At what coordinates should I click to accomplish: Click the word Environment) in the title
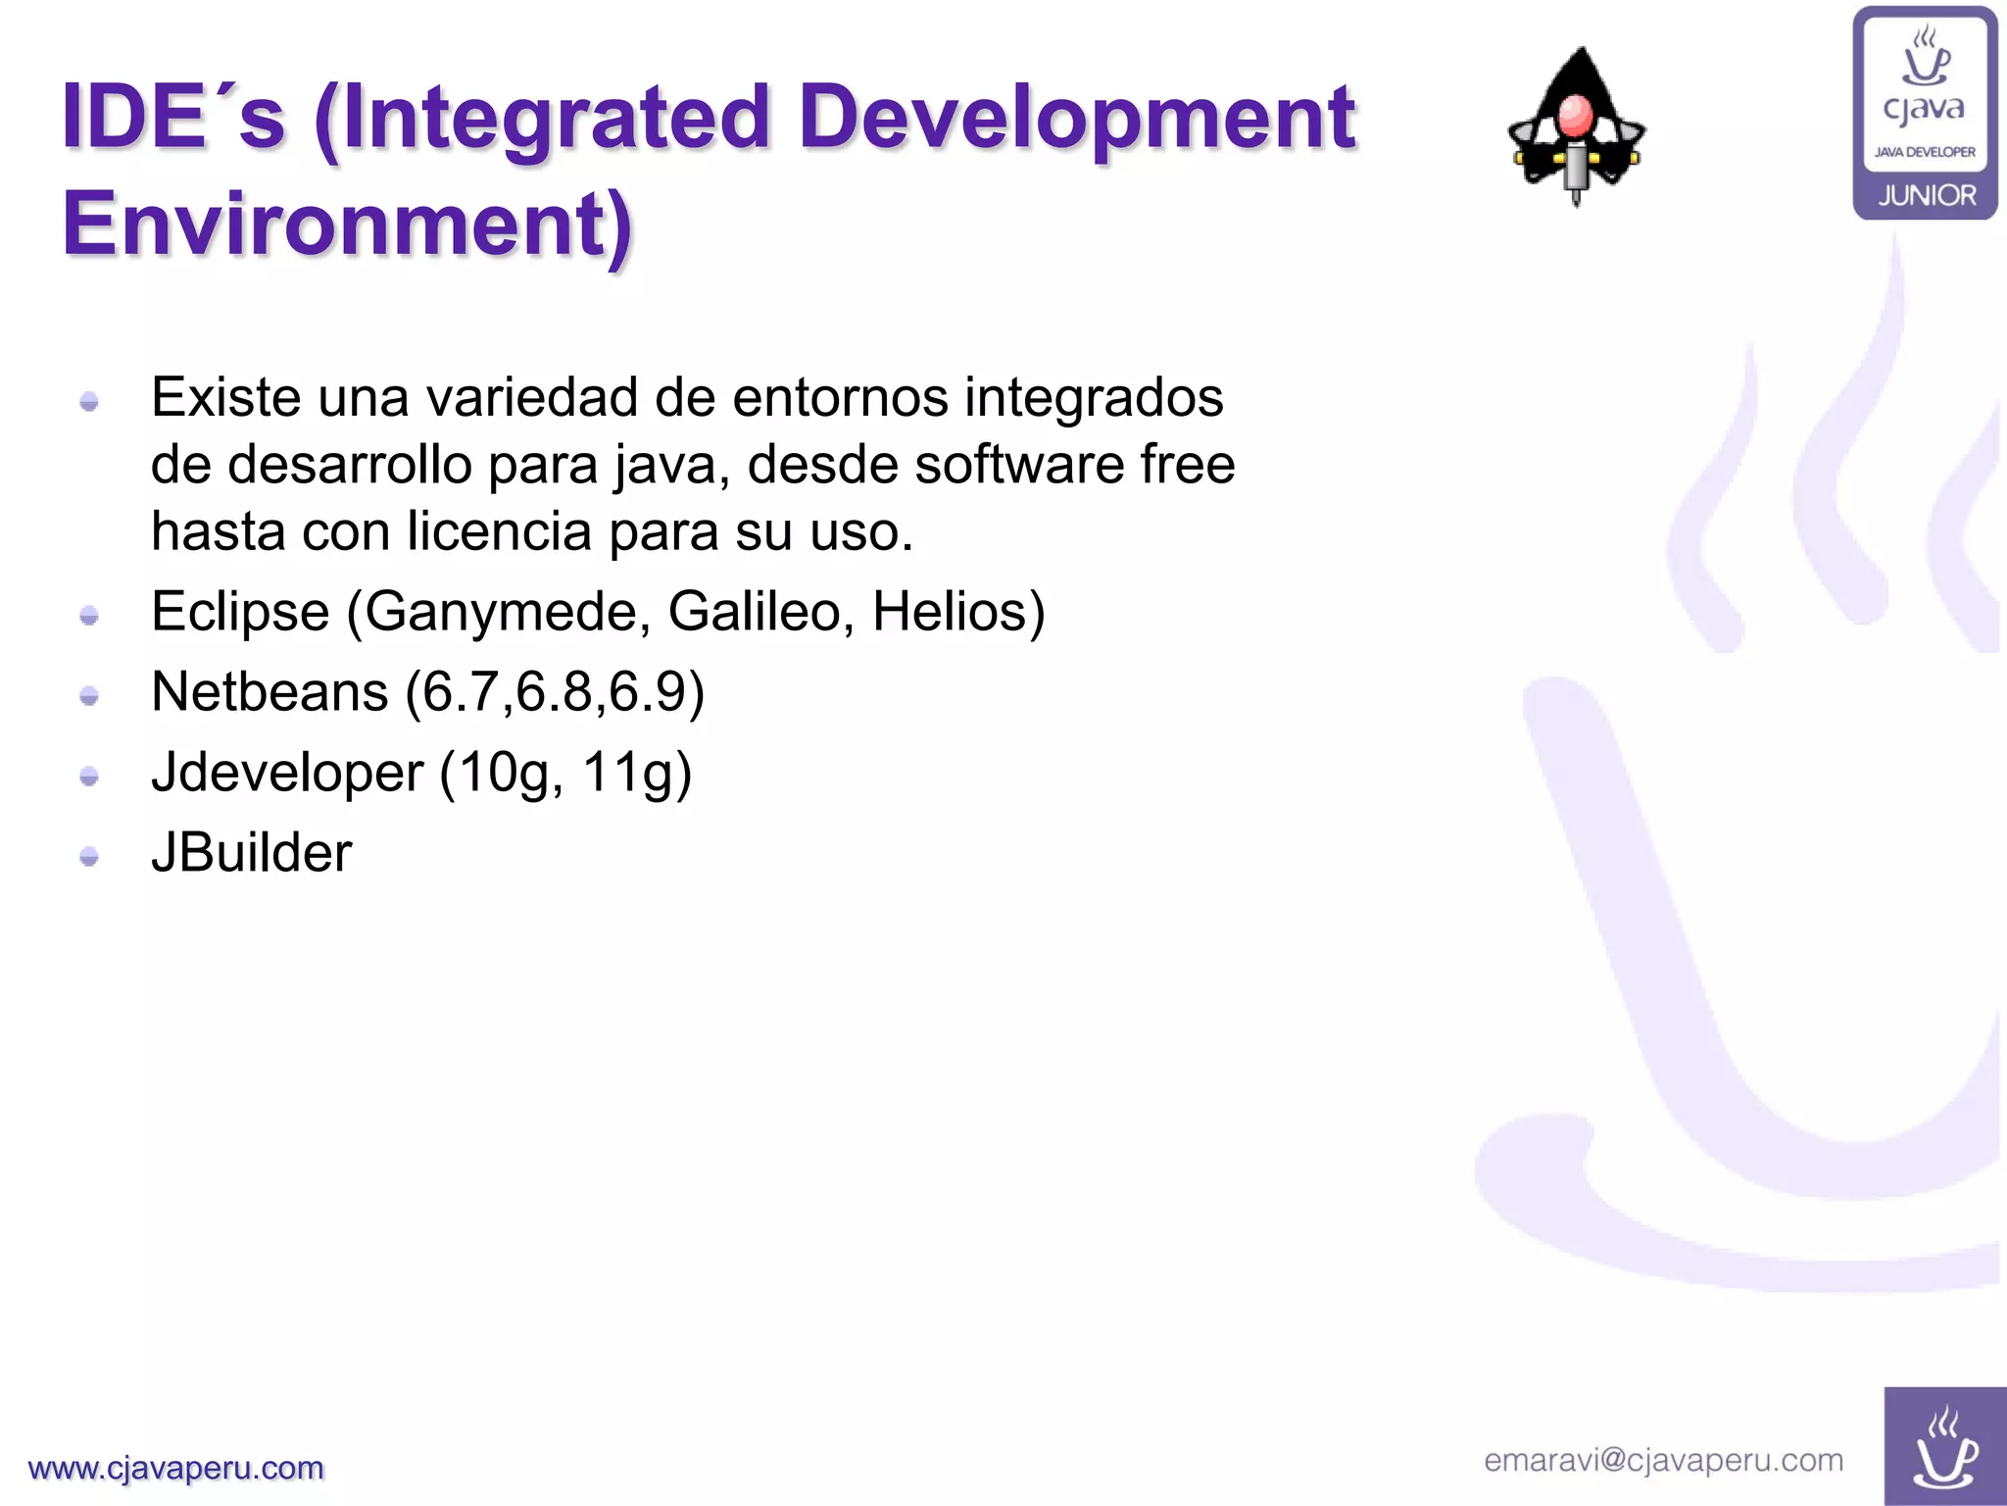click(348, 224)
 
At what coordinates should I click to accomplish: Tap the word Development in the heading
click(1076, 118)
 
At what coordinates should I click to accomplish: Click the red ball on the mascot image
click(1575, 116)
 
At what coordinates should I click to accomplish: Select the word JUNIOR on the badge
click(1926, 195)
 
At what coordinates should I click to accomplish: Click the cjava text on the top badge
click(1924, 108)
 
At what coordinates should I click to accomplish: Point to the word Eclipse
click(240, 612)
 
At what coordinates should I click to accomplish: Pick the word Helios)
click(958, 612)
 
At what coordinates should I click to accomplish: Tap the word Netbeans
click(269, 692)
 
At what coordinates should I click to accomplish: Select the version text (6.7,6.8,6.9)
click(555, 692)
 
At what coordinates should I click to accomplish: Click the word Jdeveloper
click(287, 773)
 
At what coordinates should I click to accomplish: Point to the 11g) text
click(637, 773)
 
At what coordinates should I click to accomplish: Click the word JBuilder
click(251, 852)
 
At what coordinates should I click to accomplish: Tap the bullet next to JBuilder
click(89, 857)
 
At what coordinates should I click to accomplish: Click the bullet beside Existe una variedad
click(89, 402)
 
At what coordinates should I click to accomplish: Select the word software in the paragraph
click(1018, 464)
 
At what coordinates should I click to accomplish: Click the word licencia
click(500, 531)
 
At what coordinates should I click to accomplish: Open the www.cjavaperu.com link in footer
click(176, 1468)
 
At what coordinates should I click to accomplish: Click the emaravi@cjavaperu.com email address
click(1663, 1460)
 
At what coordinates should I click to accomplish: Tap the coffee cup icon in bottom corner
click(1944, 1447)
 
